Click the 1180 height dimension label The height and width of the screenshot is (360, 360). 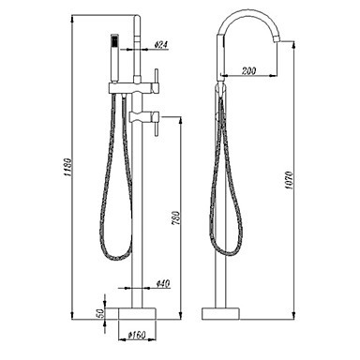click(68, 167)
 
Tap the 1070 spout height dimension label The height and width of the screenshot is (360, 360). click(289, 180)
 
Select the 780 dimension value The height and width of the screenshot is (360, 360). click(176, 218)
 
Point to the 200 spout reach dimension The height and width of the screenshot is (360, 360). click(248, 71)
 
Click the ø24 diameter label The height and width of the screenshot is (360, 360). click(161, 45)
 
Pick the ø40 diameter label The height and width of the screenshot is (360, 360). click(163, 283)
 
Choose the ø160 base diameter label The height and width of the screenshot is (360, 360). click(137, 335)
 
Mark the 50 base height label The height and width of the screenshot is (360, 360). click(100, 313)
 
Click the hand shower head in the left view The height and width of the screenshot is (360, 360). click(114, 58)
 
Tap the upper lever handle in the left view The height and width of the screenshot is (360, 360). click(157, 81)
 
